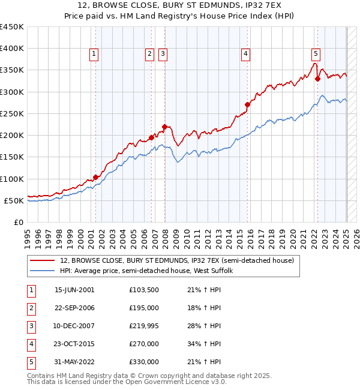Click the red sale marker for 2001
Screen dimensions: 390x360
(95, 177)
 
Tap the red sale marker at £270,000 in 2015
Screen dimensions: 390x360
(247, 104)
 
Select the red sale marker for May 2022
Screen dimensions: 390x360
(317, 79)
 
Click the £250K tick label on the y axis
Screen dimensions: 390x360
(12, 113)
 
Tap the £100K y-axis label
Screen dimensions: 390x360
(12, 179)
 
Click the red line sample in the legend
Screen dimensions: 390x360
(42, 260)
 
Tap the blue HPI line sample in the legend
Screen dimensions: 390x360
(42, 271)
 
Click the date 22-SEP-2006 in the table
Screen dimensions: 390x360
(74, 308)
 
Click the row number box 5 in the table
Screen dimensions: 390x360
(30, 362)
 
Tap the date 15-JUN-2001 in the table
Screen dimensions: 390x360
(74, 290)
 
